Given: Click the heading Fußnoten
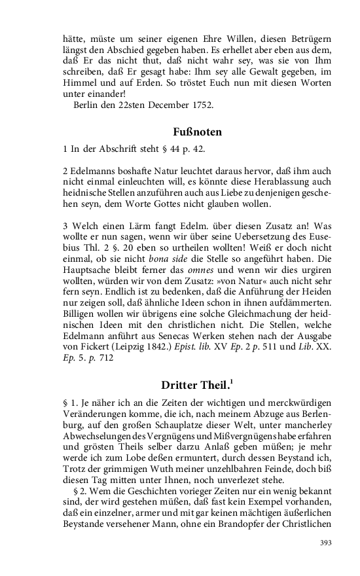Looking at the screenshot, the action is pos(198,132).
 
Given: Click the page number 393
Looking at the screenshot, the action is pos(326,543).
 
